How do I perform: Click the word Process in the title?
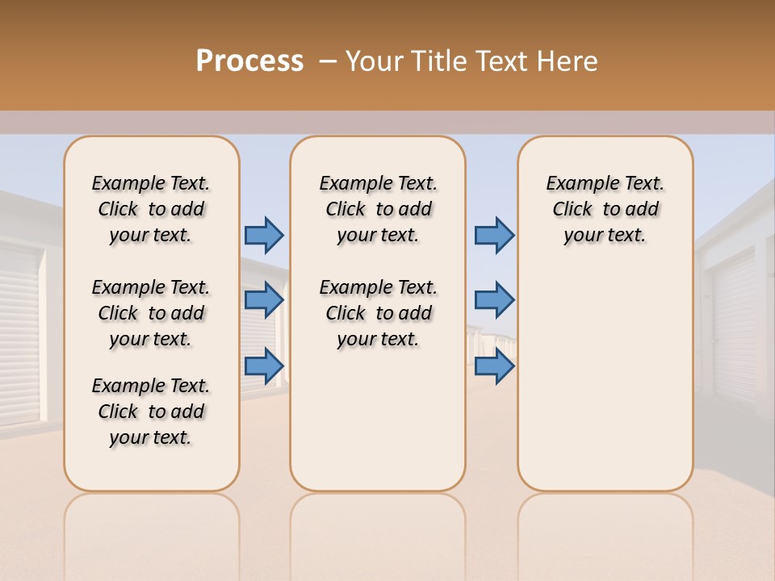pos(249,61)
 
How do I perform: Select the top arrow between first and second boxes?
pos(264,235)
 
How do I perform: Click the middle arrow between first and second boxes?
pos(264,299)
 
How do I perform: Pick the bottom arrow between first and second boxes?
pos(264,366)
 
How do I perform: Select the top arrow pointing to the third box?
pos(494,235)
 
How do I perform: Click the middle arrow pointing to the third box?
pos(494,299)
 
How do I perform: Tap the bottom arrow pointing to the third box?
pos(494,366)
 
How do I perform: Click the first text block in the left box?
pos(151,209)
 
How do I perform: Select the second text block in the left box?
pos(151,313)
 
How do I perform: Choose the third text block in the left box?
pos(151,412)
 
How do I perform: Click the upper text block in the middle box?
pos(378,209)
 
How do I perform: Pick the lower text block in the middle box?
pos(378,313)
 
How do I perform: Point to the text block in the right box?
pos(605,209)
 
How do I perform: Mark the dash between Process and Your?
pos(328,61)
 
